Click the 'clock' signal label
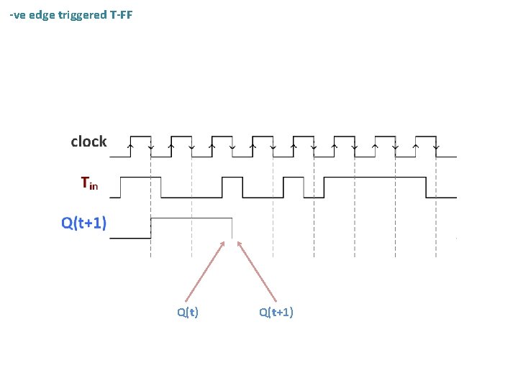tap(88, 142)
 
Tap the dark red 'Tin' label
tap(89, 184)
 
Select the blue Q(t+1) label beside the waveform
tap(84, 223)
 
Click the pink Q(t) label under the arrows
tap(188, 312)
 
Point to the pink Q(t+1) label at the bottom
tap(276, 312)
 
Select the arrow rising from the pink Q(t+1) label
tap(257, 271)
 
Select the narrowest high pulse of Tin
tap(294, 178)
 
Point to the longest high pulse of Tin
tap(375, 177)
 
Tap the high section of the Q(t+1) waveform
tap(191, 218)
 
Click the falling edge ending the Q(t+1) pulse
tap(232, 228)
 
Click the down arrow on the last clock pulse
tap(437, 147)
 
